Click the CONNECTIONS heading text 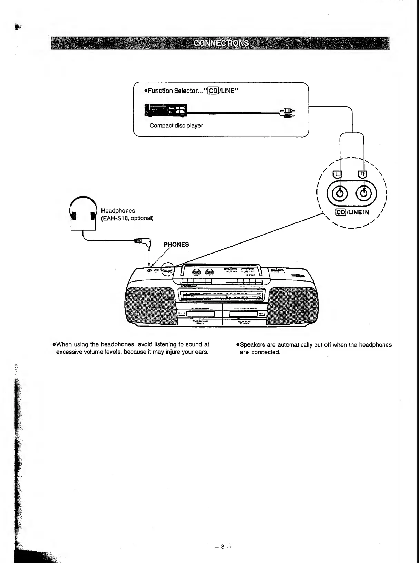coord(221,43)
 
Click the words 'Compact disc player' coord(176,126)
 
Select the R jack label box coord(363,174)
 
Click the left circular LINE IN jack coord(340,193)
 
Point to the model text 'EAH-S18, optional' coord(127,218)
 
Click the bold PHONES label coord(176,245)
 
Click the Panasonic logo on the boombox coord(189,286)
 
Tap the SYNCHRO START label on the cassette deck coord(200,321)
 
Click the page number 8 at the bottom coord(223,547)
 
